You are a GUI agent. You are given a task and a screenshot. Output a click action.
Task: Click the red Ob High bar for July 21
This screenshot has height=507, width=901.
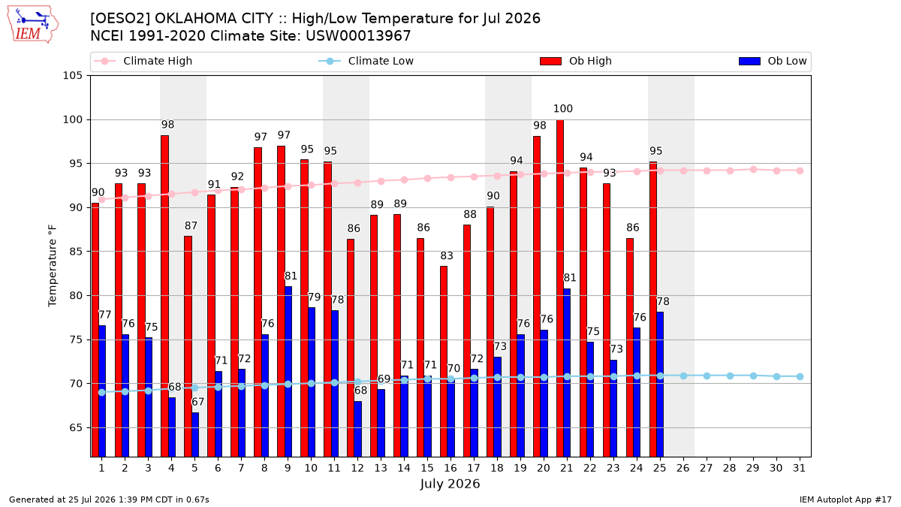tap(559, 288)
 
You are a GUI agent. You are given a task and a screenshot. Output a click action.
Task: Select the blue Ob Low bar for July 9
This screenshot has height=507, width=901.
tap(288, 371)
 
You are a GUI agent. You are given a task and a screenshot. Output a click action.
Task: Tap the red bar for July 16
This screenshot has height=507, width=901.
tap(443, 361)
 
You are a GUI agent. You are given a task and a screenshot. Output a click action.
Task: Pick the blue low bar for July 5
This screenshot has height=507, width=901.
tap(195, 435)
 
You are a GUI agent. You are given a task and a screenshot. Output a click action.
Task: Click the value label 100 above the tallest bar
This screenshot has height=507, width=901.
tap(562, 109)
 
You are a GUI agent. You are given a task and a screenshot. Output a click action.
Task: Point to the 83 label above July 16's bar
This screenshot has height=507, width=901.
tap(447, 255)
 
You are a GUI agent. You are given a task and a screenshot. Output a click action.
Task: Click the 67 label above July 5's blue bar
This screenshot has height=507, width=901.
tap(198, 402)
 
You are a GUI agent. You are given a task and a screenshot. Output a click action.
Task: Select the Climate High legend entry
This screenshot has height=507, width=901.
tap(143, 61)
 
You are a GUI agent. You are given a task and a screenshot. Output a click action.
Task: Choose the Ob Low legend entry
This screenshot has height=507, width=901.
tap(773, 61)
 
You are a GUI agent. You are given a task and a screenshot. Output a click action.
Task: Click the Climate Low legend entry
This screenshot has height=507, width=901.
tap(366, 61)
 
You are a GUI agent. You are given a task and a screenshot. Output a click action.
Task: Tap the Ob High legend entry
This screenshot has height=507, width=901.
tap(576, 61)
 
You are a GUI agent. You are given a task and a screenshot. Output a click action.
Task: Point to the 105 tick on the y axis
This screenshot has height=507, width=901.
tap(72, 76)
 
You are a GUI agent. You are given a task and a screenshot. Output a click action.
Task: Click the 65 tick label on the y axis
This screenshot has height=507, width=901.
tap(76, 427)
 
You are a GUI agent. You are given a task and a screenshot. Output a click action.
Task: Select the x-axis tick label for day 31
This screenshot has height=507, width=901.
tap(799, 469)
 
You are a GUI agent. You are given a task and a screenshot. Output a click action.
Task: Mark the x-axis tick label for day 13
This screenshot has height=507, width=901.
tap(381, 469)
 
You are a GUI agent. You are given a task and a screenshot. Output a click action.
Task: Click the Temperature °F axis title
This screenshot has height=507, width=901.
tap(53, 266)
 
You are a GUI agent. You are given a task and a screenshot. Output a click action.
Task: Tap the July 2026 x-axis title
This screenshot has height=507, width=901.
tap(450, 484)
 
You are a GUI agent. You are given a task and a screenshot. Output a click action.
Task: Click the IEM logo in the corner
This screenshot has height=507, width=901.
tap(32, 25)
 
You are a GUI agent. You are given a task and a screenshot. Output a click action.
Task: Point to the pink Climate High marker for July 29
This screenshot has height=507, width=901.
tap(753, 170)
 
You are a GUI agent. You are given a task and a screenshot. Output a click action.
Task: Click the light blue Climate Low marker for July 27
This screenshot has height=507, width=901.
tap(707, 376)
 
